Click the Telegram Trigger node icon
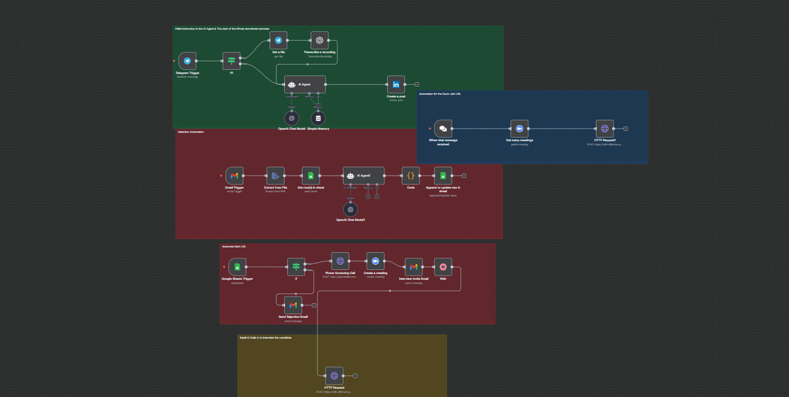(x=187, y=60)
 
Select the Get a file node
(x=278, y=40)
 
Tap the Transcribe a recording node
(x=320, y=40)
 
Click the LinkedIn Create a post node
(x=396, y=84)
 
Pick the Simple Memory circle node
(x=318, y=118)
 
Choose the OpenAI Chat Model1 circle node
(x=350, y=209)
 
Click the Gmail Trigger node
(x=234, y=176)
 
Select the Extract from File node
(x=276, y=176)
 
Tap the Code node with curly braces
(x=411, y=176)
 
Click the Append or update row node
(x=443, y=176)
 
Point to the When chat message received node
(x=443, y=128)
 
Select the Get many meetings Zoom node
(x=519, y=128)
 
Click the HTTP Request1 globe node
(x=605, y=128)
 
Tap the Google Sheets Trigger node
(x=237, y=267)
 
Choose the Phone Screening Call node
(x=340, y=261)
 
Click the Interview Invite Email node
(x=414, y=267)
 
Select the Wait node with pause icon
(x=443, y=267)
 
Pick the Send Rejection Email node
(x=293, y=305)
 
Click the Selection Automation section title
(x=191, y=132)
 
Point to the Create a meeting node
(x=375, y=261)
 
